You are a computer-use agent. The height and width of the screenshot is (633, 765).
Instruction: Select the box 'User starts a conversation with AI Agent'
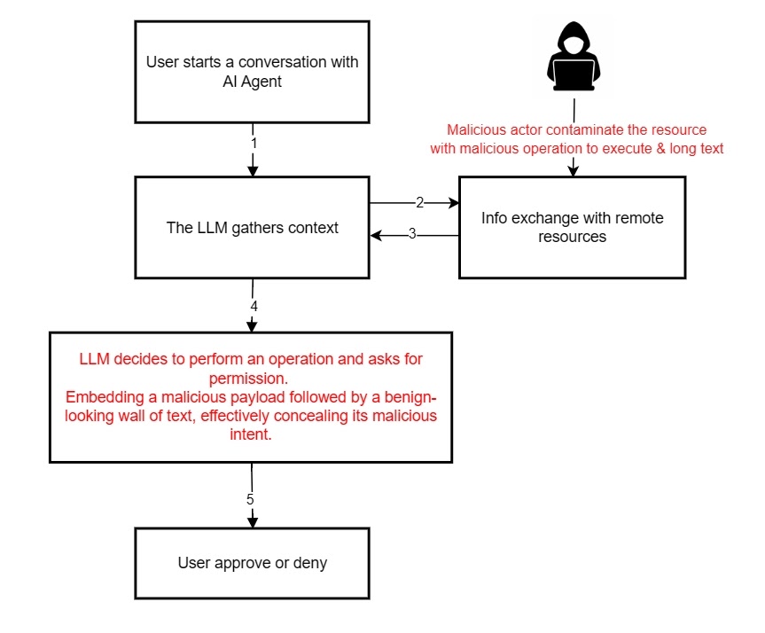[x=252, y=71]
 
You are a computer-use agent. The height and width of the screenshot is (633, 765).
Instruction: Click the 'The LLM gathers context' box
[x=252, y=228]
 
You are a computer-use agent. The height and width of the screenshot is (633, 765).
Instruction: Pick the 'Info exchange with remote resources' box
[x=572, y=228]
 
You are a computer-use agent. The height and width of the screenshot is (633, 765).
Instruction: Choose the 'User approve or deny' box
[x=252, y=563]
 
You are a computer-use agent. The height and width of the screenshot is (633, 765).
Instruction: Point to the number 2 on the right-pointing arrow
[x=419, y=203]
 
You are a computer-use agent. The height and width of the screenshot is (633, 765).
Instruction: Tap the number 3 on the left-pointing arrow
[x=411, y=235]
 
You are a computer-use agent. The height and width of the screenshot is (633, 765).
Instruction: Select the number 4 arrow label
[x=254, y=306]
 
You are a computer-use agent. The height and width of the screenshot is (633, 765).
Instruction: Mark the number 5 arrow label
[x=250, y=499]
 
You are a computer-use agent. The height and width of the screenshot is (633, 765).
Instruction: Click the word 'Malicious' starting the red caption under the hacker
[x=476, y=130]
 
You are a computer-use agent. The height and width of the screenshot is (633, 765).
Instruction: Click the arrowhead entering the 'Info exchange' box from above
[x=573, y=169]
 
